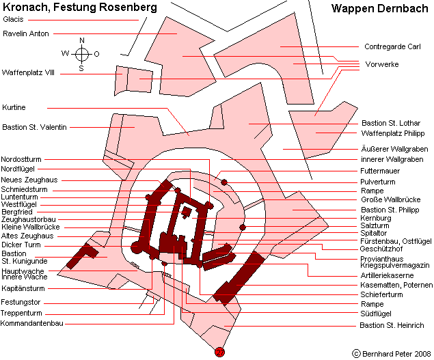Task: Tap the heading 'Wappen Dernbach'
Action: (376, 9)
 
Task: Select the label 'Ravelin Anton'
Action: (25, 33)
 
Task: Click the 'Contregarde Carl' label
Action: (391, 46)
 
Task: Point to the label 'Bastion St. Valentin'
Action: (34, 127)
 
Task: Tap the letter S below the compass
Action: (81, 68)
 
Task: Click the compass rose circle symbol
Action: (81, 54)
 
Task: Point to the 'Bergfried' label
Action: (16, 212)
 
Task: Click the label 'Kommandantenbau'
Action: (32, 323)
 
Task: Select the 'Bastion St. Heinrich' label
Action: (392, 325)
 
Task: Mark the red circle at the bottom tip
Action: (219, 352)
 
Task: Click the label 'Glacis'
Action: (14, 19)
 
